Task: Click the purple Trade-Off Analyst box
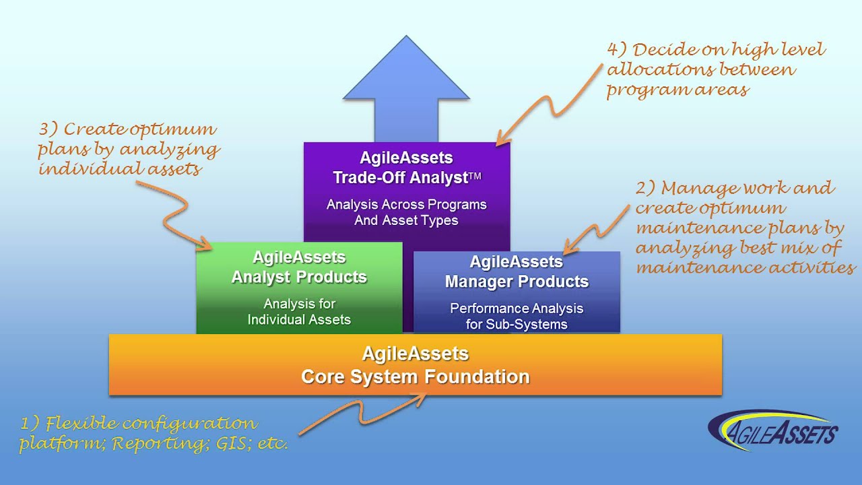coord(406,189)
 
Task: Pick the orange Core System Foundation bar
coord(415,364)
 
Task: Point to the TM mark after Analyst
coord(475,177)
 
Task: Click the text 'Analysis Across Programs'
coord(406,204)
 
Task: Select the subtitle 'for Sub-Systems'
coord(517,324)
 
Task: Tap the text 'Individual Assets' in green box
coord(299,320)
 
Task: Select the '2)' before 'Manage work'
coord(645,188)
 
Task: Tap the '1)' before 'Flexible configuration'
coord(31,424)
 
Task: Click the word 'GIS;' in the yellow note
coord(232,445)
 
